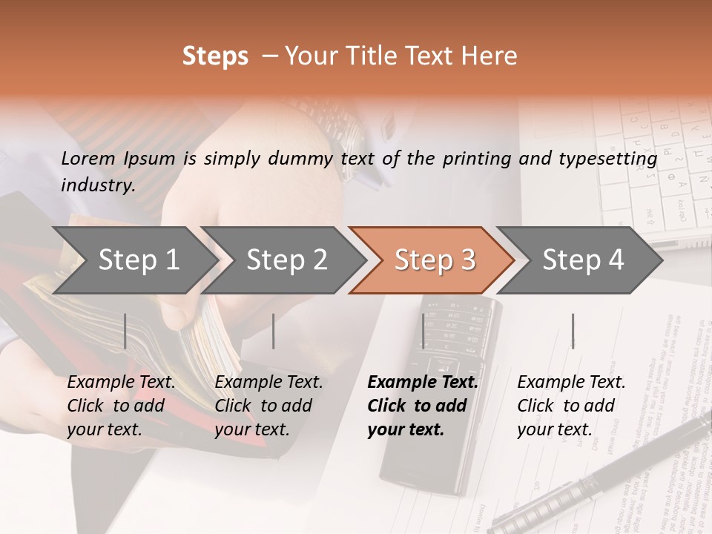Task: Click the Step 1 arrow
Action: [x=137, y=260]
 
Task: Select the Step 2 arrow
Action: [x=286, y=260]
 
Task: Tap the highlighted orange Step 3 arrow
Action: [x=433, y=260]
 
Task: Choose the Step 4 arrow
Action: [x=582, y=260]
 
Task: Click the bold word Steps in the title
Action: [x=215, y=56]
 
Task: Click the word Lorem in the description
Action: [x=88, y=158]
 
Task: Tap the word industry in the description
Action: [x=97, y=185]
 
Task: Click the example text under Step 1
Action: [x=121, y=406]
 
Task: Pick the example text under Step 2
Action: [x=268, y=406]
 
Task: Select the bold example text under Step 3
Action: [x=423, y=406]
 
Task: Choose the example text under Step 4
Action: [x=571, y=406]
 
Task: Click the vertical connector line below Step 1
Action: [x=125, y=331]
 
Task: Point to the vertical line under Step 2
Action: [x=274, y=331]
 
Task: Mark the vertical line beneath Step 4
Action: [x=573, y=331]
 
